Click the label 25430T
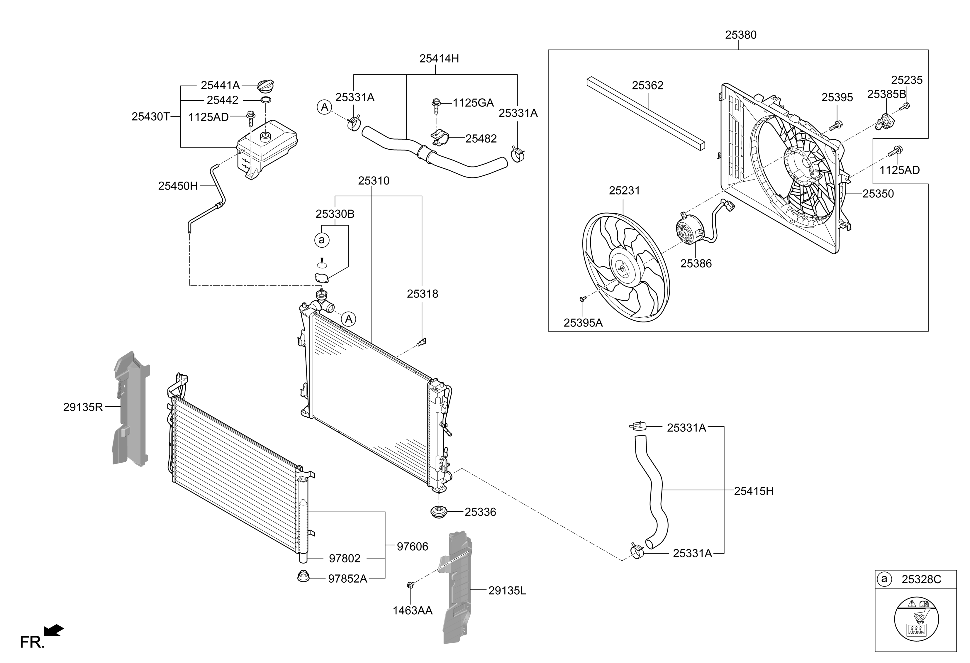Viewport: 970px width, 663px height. coord(150,117)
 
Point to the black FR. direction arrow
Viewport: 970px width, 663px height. coord(53,630)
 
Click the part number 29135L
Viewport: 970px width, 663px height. coord(507,591)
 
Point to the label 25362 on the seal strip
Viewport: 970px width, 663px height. coord(647,86)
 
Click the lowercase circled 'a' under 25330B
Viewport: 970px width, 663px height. coord(321,240)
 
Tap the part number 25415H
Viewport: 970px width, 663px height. coord(754,491)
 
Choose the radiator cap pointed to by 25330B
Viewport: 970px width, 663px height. coord(321,277)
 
